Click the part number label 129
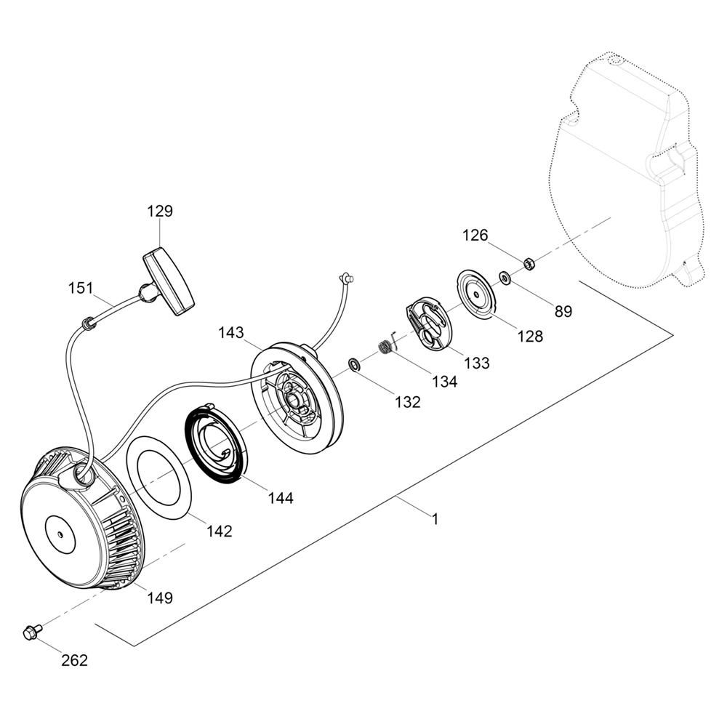coord(160,211)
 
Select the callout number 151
coord(81,288)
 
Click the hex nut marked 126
coord(527,264)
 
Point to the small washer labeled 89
coord(505,278)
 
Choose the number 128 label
coord(530,336)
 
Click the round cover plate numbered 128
coord(477,294)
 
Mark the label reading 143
coord(231,332)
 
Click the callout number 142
coord(219,531)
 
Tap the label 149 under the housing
coord(160,598)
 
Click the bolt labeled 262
coord(32,630)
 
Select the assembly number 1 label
coord(435,519)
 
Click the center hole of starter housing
coord(60,534)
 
